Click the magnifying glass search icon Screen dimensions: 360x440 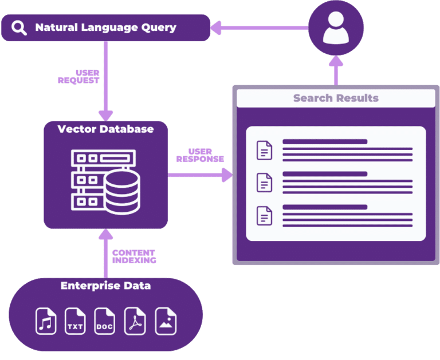pyautogui.click(x=19, y=27)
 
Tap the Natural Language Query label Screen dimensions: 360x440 pyautogui.click(x=105, y=27)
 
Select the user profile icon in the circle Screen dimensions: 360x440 pyautogui.click(x=335, y=27)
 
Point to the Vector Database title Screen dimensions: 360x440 pyautogui.click(x=105, y=129)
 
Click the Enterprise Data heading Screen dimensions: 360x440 pyautogui.click(x=105, y=286)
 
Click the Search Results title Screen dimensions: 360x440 pyautogui.click(x=335, y=98)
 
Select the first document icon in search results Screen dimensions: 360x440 pyautogui.click(x=264, y=150)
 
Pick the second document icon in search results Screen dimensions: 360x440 pyautogui.click(x=264, y=183)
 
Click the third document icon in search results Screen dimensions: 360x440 pyautogui.click(x=264, y=215)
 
